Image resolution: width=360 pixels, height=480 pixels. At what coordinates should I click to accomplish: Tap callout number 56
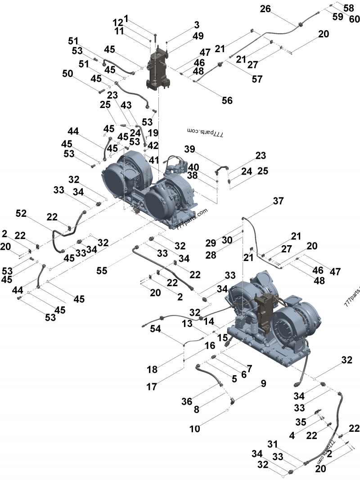point(227,100)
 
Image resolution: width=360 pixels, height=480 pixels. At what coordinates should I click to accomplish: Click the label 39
point(190,149)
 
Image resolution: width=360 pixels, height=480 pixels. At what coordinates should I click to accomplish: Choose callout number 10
point(194,429)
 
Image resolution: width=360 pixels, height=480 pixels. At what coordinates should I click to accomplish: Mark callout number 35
point(301,422)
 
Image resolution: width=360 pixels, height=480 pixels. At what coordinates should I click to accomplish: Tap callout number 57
point(257,79)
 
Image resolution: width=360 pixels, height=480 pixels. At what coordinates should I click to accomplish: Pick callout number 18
point(152,369)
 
